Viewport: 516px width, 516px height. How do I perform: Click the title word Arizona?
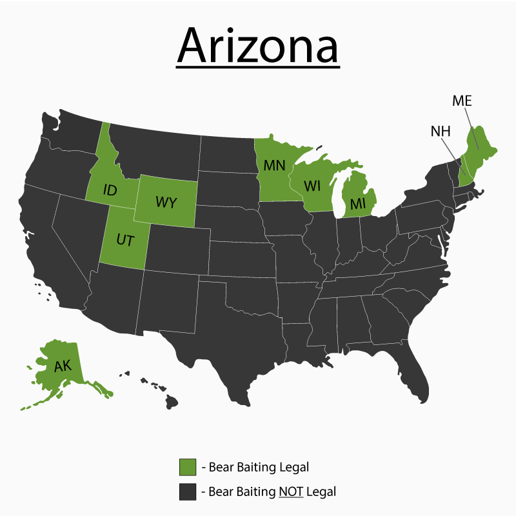pos(258,43)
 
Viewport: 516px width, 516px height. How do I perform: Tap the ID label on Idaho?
pos(110,191)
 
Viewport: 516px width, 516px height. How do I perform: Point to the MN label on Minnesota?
pos(275,164)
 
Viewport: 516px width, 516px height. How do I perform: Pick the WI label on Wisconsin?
pos(312,186)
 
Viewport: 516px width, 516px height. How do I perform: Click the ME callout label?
pos(462,101)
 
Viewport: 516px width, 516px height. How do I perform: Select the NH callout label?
pos(441,131)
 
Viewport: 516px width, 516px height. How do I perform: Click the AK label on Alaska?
pos(63,366)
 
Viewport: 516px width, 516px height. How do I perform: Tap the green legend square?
pos(188,466)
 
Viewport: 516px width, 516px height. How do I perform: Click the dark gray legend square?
pos(188,491)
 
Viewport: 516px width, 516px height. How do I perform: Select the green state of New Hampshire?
pos(462,170)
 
